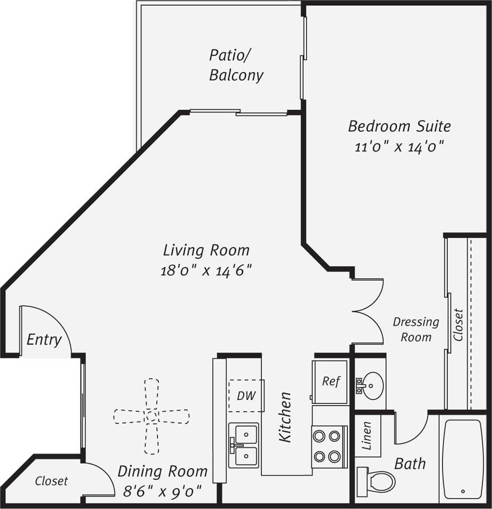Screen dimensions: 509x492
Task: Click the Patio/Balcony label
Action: (x=236, y=65)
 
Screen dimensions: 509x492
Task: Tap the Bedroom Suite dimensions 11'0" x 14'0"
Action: (x=400, y=147)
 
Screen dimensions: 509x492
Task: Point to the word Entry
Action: (x=44, y=340)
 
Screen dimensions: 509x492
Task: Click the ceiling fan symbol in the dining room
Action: (x=152, y=416)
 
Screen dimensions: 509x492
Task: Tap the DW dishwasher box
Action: (x=247, y=396)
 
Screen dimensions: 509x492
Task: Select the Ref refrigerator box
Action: (x=330, y=381)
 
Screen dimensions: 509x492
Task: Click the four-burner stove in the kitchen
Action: (x=327, y=446)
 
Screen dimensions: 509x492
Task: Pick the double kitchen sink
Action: (x=244, y=445)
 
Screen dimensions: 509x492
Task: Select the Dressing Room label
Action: (x=416, y=329)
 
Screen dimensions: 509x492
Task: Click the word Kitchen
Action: (x=286, y=417)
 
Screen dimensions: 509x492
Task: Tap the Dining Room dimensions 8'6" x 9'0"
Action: (x=162, y=490)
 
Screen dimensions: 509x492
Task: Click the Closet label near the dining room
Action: (x=52, y=481)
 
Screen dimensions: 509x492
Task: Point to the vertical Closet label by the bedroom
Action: (x=458, y=324)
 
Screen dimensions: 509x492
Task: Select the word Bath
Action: (x=410, y=463)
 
